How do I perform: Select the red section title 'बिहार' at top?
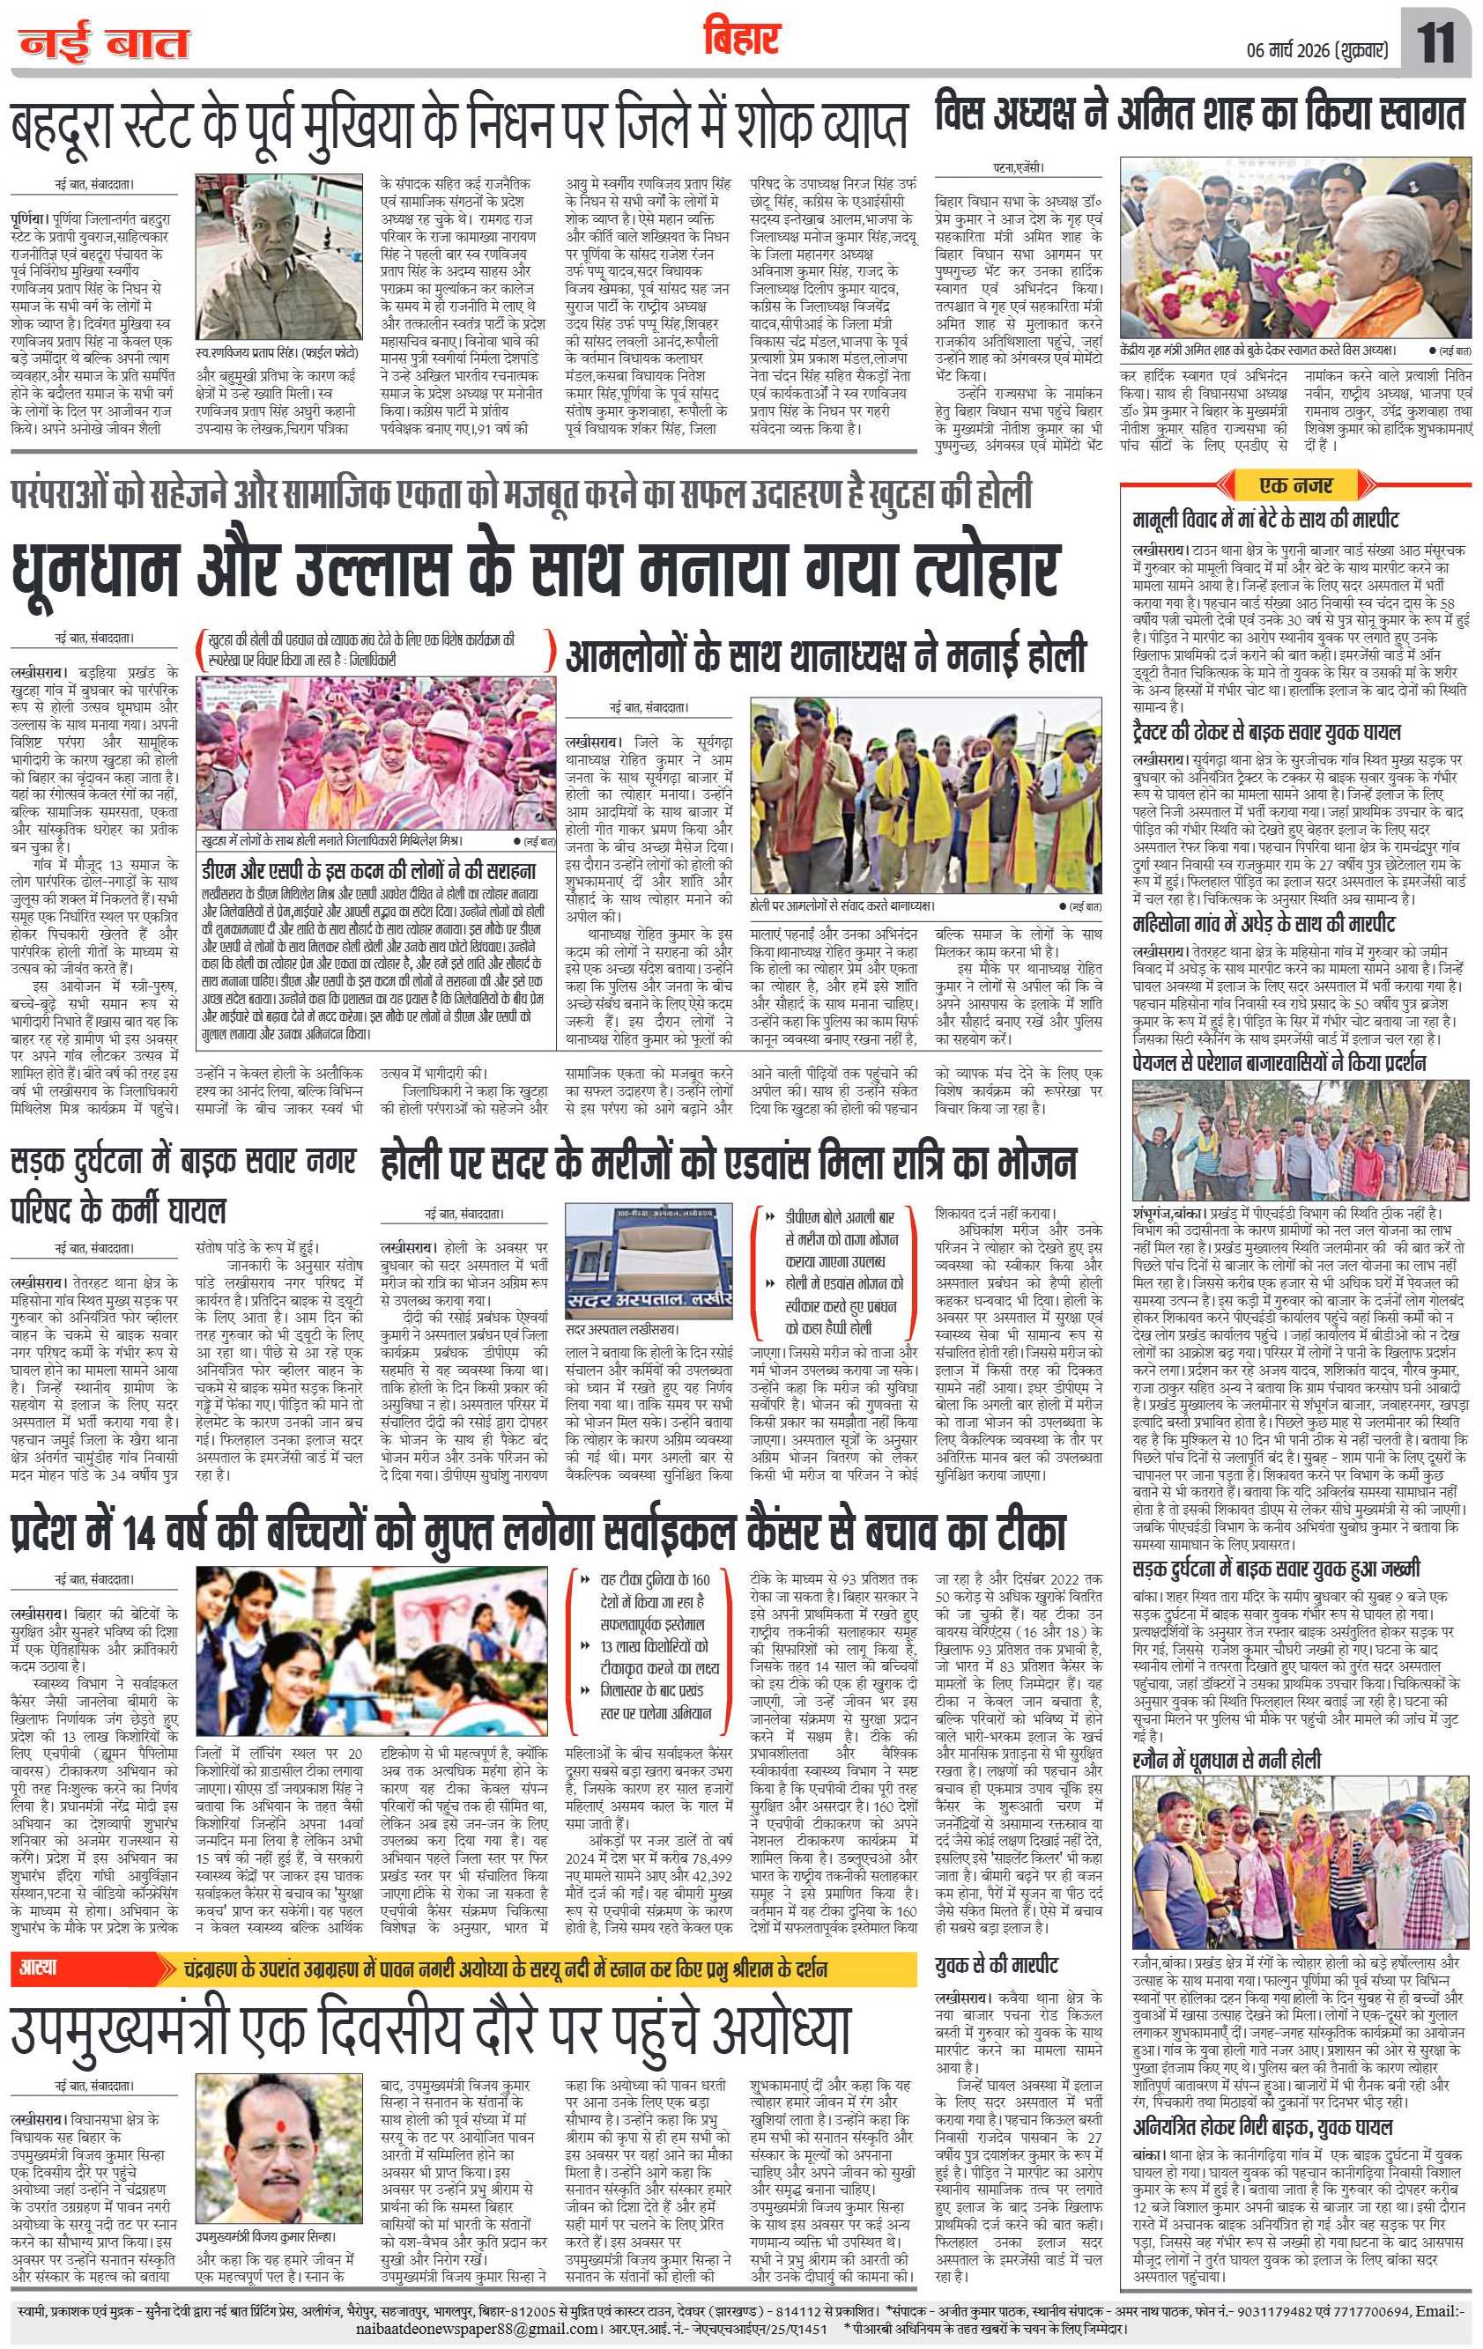(743, 39)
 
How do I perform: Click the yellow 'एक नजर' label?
(1295, 484)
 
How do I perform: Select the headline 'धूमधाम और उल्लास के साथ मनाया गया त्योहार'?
(535, 572)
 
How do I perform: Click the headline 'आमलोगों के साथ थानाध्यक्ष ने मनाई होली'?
(826, 654)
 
